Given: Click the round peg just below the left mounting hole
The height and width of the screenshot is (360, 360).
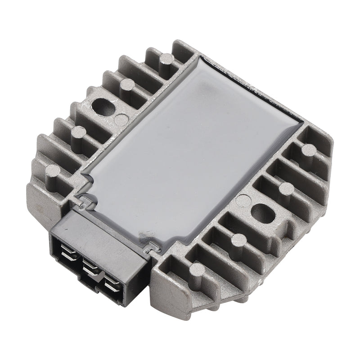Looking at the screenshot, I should (78, 132).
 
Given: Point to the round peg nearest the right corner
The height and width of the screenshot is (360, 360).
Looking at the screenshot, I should (308, 150).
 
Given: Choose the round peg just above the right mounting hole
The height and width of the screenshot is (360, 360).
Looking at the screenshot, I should (287, 187).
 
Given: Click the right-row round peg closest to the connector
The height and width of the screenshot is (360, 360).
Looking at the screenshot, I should (198, 270).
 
